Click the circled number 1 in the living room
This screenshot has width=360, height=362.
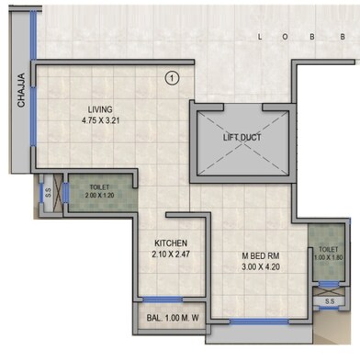(x=172, y=78)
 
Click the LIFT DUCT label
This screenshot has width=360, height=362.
(x=243, y=138)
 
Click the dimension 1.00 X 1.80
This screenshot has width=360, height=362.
(x=329, y=257)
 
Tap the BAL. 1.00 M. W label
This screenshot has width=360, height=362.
(x=171, y=320)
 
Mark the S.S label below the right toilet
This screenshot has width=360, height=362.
(x=329, y=300)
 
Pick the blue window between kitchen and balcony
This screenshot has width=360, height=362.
(x=163, y=299)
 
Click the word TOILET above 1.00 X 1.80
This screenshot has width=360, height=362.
(x=329, y=248)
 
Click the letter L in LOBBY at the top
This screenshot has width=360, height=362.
(x=261, y=37)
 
